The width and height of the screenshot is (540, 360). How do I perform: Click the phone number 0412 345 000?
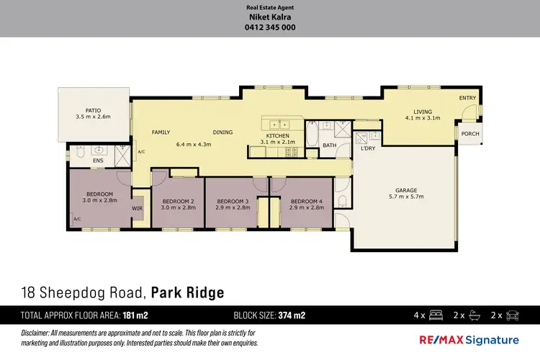(270, 28)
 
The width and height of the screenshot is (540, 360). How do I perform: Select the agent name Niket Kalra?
(270, 18)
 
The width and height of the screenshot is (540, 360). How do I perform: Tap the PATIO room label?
(93, 109)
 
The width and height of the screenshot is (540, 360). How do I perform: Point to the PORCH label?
(470, 134)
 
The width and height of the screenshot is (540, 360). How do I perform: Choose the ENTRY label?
(467, 98)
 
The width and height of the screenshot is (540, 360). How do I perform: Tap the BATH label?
(329, 145)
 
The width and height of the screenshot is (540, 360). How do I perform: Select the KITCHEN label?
(278, 135)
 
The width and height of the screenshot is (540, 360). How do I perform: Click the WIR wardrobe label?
(138, 209)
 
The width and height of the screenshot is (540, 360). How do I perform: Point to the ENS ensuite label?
(98, 161)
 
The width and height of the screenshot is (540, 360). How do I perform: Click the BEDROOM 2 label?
(179, 201)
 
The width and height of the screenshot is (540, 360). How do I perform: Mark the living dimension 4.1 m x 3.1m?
(423, 118)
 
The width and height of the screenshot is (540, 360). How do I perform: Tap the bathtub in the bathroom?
(312, 133)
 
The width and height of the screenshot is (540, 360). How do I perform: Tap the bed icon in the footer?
(436, 315)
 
